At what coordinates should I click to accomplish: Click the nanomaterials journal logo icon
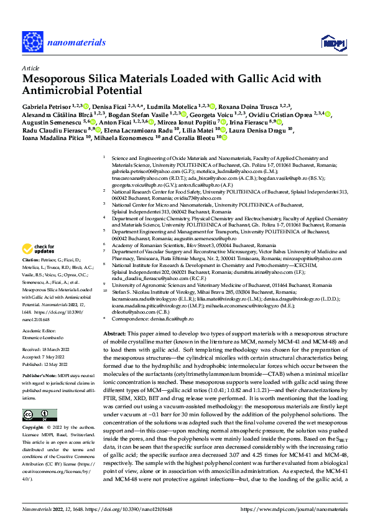click(x=32, y=42)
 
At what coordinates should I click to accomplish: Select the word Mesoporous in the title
click(x=55, y=79)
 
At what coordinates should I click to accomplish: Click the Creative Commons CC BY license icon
click(x=36, y=414)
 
